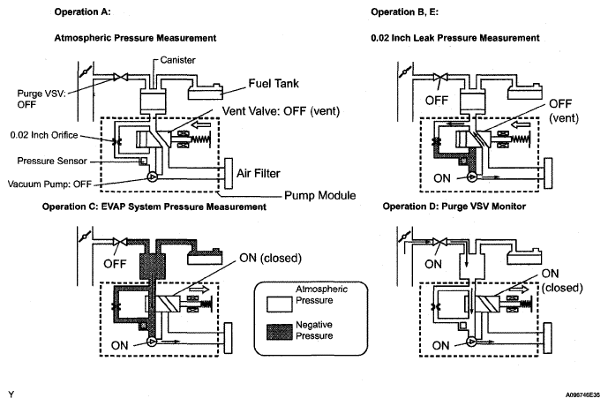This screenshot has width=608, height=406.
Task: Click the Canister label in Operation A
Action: click(177, 60)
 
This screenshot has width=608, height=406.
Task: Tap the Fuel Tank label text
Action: click(274, 83)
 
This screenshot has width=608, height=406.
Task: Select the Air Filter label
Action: click(259, 173)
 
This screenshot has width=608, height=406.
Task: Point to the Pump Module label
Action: click(320, 195)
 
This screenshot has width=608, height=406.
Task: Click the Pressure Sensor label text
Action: click(52, 161)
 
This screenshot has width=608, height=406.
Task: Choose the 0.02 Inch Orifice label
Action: click(44, 135)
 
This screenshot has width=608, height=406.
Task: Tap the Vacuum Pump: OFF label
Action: click(49, 184)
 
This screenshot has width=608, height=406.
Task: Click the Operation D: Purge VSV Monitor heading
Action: click(454, 206)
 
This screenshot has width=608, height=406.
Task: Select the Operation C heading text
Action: click(154, 207)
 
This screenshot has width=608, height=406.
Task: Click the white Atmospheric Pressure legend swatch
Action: click(279, 304)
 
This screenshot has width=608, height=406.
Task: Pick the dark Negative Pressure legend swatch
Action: click(279, 332)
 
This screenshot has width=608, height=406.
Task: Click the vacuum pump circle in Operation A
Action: click(152, 177)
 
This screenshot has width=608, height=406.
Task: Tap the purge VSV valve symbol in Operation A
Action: click(121, 77)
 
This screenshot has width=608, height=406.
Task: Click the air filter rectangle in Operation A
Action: click(229, 173)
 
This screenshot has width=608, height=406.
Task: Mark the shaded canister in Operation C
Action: click(152, 267)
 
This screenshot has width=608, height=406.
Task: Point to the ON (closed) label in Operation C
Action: click(270, 258)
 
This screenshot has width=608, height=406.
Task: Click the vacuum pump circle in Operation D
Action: click(471, 342)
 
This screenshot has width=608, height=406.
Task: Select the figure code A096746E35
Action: click(582, 395)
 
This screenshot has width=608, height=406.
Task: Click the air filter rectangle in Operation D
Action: click(548, 338)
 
